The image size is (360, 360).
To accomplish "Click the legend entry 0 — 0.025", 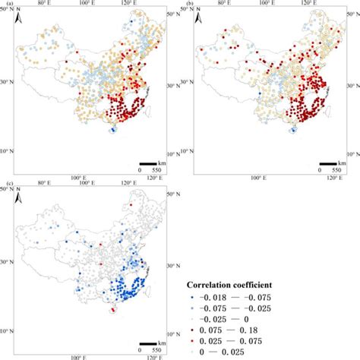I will tap(235, 348).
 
